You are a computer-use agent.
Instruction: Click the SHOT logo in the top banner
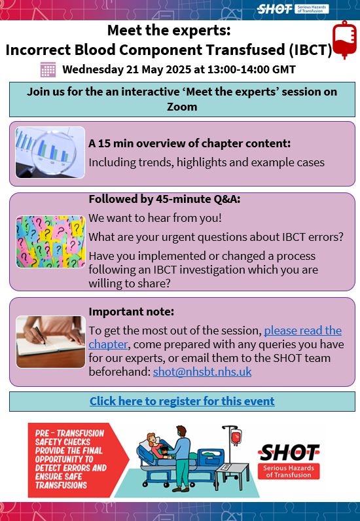tap(293, 9)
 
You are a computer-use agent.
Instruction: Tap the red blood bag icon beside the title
tap(345, 40)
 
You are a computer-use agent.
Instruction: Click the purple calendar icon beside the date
tap(48, 69)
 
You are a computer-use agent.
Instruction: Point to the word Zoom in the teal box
tap(182, 107)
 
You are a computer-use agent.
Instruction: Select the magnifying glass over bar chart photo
tap(50, 153)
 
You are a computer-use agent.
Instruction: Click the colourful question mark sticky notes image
tap(50, 242)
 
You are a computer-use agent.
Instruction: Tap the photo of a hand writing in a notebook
tap(50, 342)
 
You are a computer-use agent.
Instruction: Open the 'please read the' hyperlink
tap(303, 331)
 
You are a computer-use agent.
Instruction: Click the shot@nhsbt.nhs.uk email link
tap(202, 372)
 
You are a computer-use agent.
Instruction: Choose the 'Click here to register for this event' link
tap(182, 401)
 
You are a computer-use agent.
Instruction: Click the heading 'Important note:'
tap(132, 312)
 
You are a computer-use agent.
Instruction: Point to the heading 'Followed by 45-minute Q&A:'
tap(164, 199)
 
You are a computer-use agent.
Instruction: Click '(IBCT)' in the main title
tap(310, 50)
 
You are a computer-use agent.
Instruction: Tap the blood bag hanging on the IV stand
tap(236, 437)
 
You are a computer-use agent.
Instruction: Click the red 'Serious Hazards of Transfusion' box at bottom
tap(289, 471)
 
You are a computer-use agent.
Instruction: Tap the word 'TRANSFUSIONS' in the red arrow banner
tap(61, 485)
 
